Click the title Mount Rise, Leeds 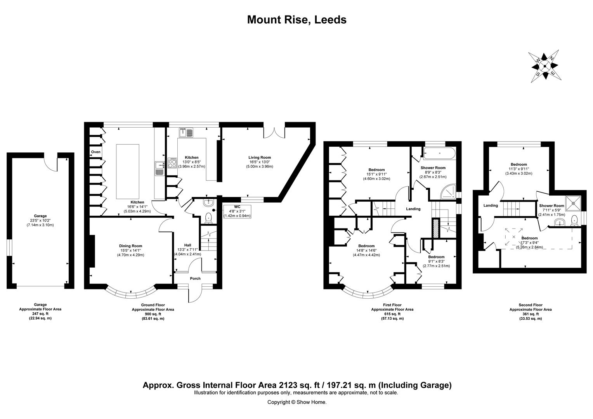tap(296, 20)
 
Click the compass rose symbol tap(544, 66)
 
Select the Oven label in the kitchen tap(95, 152)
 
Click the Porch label tap(195, 279)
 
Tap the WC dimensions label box tap(237, 211)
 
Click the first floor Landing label tap(413, 209)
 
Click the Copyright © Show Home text tap(296, 402)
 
